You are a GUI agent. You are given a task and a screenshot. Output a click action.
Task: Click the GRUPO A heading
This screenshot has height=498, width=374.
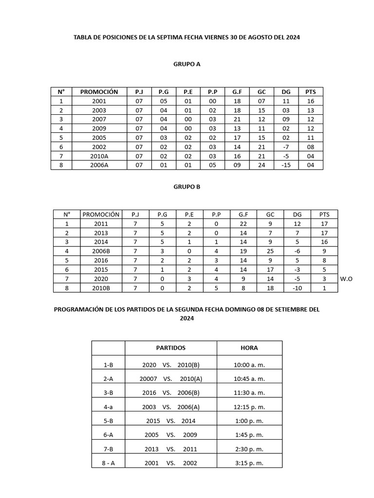tap(187, 64)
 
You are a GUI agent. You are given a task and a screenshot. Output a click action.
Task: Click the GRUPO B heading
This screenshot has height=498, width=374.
tap(187, 186)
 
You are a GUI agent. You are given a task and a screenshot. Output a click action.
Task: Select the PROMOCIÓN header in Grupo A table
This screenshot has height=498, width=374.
tap(99, 91)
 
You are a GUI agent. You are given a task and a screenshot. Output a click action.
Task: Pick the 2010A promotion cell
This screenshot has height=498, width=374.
tap(99, 156)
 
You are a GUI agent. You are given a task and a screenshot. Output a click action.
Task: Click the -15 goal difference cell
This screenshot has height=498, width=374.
tap(286, 165)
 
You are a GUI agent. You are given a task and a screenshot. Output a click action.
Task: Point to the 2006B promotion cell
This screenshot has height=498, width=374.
tap(101, 251)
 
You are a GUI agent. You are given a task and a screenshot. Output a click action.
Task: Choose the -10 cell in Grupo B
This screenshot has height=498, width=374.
tap(297, 288)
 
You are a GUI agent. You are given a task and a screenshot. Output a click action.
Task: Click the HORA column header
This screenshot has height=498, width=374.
tap(249, 348)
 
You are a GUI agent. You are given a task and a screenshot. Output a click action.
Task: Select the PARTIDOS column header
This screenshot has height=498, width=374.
tap(170, 348)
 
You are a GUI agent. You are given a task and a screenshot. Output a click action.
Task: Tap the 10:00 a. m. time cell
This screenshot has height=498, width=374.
tap(249, 365)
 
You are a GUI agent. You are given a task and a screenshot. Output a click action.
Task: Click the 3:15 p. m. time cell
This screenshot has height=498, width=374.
tap(249, 463)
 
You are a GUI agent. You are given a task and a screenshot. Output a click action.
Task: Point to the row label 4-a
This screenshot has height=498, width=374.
tap(108, 407)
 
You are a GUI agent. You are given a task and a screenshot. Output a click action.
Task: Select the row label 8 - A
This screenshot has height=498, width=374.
tap(108, 463)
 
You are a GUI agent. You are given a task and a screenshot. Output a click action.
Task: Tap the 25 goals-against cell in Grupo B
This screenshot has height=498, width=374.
tap(270, 251)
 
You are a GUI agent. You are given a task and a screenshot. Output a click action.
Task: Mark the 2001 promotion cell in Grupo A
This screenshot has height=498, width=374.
tap(99, 101)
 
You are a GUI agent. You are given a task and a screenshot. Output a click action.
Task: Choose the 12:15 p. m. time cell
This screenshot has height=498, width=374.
tap(249, 407)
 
